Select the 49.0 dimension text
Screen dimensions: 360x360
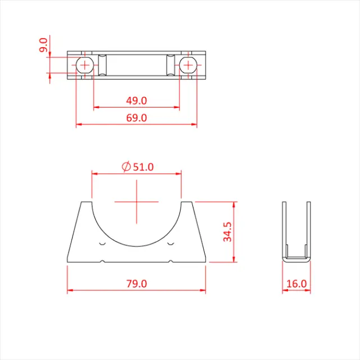point(136,101)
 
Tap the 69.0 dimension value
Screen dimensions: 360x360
point(136,118)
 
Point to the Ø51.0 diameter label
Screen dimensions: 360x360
point(137,166)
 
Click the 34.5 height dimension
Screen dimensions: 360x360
point(227,231)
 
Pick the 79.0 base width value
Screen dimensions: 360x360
point(136,284)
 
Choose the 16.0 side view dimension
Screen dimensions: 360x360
point(296,284)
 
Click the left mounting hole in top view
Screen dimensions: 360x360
point(84,65)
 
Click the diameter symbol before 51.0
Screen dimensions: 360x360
point(126,166)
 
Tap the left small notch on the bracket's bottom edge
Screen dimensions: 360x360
point(102,262)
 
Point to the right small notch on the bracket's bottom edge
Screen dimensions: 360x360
point(171,262)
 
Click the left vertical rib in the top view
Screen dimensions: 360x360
point(102,65)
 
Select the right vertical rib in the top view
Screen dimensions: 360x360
point(170,65)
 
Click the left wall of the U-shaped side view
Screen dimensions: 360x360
point(283,231)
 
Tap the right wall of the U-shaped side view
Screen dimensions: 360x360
point(308,231)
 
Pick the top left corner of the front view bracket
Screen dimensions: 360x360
point(82,201)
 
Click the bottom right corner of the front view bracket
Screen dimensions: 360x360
point(206,262)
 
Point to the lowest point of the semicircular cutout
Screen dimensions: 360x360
point(137,246)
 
